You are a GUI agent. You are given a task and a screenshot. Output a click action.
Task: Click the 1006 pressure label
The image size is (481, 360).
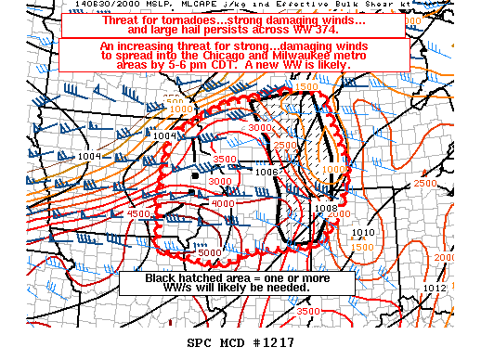pyautogui.click(x=266, y=172)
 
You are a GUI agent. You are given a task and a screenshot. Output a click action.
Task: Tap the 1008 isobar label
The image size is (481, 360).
pyautogui.click(x=326, y=208)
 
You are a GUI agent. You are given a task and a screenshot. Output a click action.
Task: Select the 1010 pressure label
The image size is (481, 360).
pyautogui.click(x=363, y=232)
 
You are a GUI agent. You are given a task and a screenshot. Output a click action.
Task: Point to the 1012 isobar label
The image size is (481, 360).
pyautogui.click(x=435, y=289)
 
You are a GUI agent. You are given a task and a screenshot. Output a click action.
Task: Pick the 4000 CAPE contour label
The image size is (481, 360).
pyautogui.click(x=221, y=203)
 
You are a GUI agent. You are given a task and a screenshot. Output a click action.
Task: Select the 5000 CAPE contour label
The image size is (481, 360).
pyautogui.click(x=209, y=252)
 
